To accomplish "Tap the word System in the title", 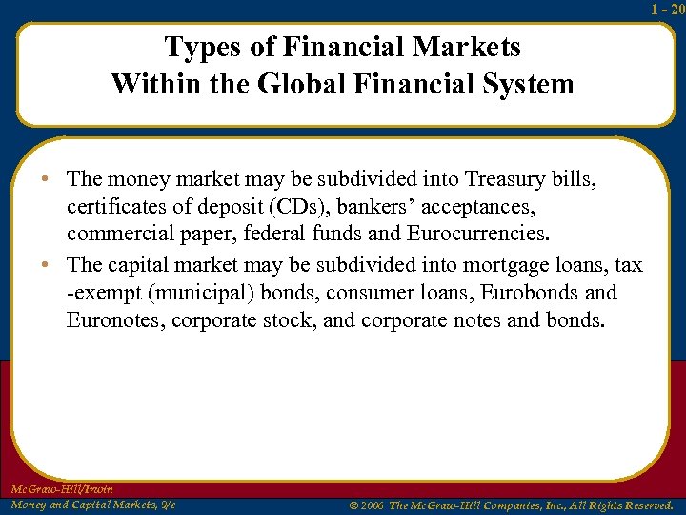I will tap(532, 84).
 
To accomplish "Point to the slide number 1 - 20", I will tap(668, 9).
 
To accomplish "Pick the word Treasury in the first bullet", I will tap(511, 179).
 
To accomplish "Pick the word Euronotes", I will tap(115, 319).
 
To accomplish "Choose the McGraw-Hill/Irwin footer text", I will tap(62, 489).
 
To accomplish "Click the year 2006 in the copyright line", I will tap(372, 505).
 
